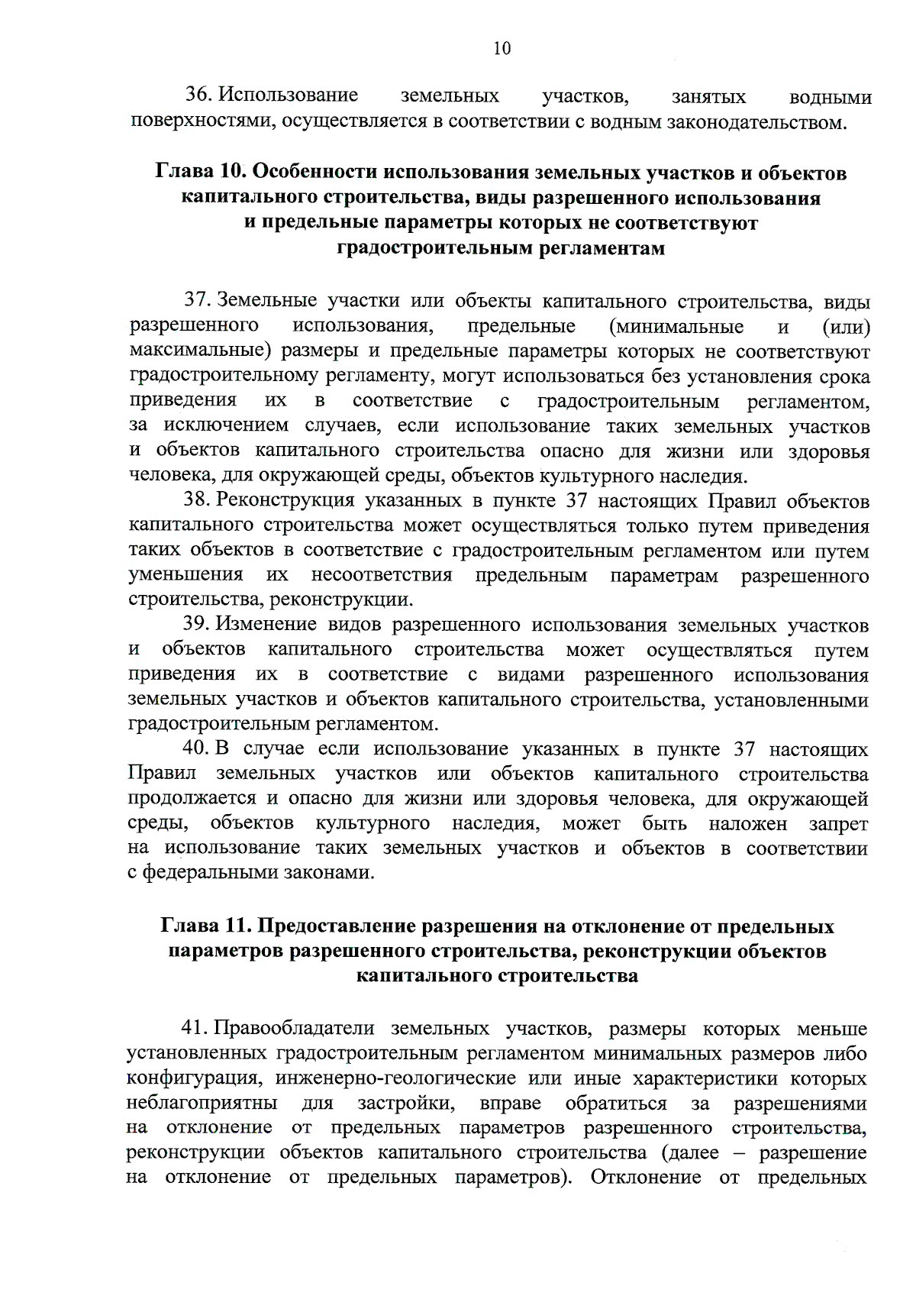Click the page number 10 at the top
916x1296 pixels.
click(502, 49)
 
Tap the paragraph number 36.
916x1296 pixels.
click(199, 95)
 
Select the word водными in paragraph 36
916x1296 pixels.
click(831, 97)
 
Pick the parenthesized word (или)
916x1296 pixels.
click(847, 327)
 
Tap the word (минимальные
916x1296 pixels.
click(676, 327)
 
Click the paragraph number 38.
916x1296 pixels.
click(197, 500)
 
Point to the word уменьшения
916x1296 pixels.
click(186, 574)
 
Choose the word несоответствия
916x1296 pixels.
click(382, 574)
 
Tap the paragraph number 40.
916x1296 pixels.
click(197, 748)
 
